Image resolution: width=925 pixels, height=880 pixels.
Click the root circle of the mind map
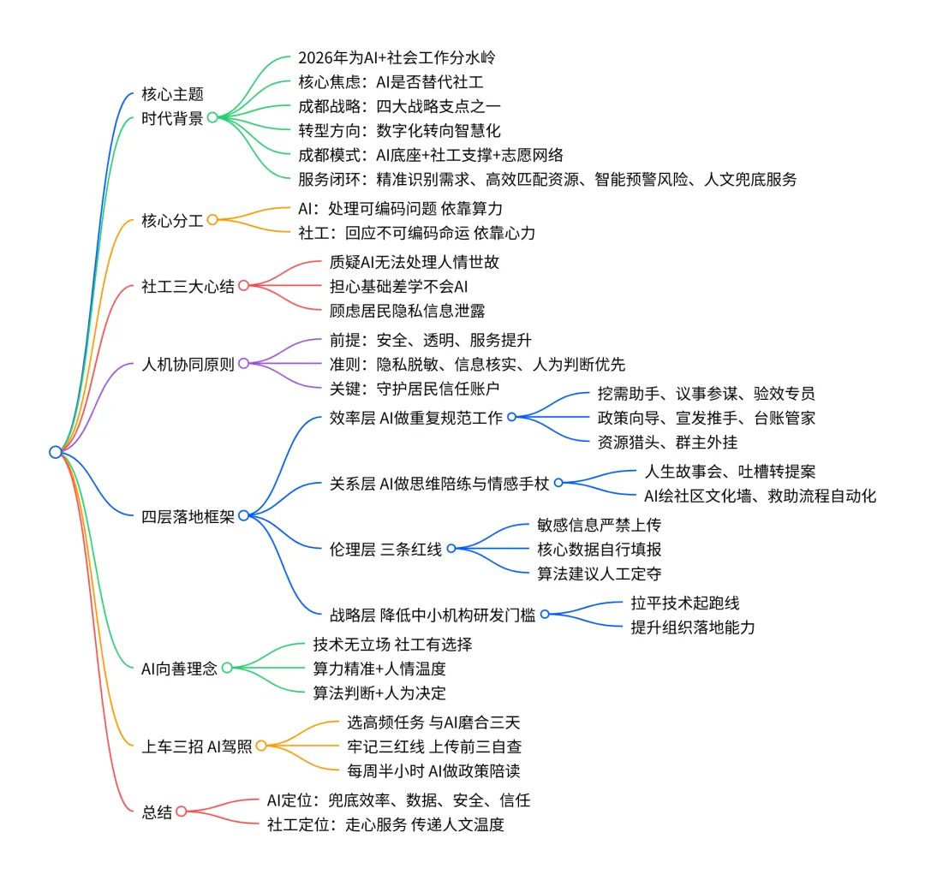pos(56,452)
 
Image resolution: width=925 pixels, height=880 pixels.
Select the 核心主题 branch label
pos(172,95)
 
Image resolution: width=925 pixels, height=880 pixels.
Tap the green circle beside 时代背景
pos(212,118)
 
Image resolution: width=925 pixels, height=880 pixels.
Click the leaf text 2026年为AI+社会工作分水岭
pos(397,59)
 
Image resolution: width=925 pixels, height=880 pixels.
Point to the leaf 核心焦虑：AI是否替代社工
pos(391,83)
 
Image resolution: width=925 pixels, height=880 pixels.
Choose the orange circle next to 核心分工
pos(212,220)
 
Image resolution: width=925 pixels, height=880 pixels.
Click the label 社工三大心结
pos(188,286)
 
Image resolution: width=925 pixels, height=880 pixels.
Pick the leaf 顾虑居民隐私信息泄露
pos(408,310)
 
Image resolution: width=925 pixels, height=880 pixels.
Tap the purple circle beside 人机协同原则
pos(243,364)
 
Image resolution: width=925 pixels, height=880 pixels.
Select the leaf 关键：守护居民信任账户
pos(415,388)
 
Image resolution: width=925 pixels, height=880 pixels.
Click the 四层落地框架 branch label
pos(188,515)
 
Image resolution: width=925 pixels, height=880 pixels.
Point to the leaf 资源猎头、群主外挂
pos(667,442)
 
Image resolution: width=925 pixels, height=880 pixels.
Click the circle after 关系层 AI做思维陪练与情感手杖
pos(558,483)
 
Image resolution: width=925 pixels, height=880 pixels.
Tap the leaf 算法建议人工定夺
pos(600,574)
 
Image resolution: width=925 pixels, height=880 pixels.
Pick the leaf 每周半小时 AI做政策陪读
pos(433,770)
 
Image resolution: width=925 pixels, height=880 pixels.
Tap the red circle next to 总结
pos(182,812)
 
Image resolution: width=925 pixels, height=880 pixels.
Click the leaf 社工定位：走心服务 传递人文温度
pos(385,824)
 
